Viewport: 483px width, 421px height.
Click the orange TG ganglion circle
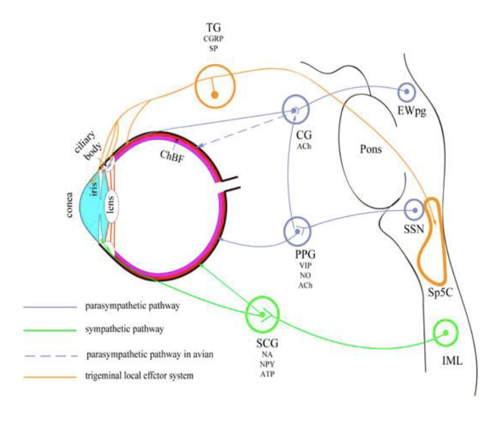[215, 86]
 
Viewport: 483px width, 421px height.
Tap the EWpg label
[412, 111]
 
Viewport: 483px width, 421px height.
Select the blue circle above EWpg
[406, 92]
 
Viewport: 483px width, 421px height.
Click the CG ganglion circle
[296, 110]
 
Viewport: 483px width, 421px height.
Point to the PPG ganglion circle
[298, 231]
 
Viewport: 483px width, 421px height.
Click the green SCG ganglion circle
[262, 314]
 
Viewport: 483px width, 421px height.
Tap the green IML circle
[446, 333]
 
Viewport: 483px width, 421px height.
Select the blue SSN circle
[414, 210]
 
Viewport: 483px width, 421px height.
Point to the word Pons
[371, 149]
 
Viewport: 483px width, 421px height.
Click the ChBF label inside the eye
[172, 156]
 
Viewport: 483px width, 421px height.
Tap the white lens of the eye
[111, 204]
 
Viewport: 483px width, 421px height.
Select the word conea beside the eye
[69, 205]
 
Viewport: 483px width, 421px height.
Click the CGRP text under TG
[213, 39]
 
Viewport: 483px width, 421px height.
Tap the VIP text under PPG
[305, 265]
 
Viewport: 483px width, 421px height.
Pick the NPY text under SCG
[267, 364]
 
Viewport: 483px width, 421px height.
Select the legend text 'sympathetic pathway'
[124, 329]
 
